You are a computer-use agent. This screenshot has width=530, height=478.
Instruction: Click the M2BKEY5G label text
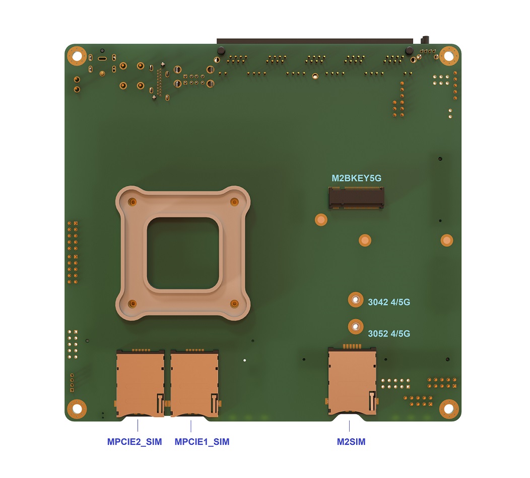356,178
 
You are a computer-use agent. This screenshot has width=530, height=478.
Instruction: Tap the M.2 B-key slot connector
356,198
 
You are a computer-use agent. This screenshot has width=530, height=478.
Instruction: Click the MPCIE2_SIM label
135,442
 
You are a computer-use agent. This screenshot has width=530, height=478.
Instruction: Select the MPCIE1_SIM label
202,442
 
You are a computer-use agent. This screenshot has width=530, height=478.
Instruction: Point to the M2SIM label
351,442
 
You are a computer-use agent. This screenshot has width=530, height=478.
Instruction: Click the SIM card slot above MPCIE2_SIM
140,383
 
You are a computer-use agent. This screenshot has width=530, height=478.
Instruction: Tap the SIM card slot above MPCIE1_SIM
194,383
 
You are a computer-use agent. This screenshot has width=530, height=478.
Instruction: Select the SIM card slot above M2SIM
352,380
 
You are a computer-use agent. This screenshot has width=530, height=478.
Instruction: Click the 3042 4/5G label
389,302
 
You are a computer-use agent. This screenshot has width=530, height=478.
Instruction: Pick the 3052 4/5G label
389,334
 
